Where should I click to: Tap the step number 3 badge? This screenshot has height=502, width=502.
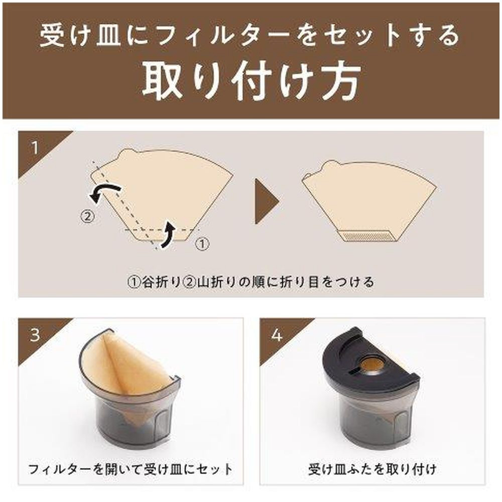coord(35,335)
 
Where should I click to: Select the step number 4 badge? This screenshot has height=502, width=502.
coord(277,335)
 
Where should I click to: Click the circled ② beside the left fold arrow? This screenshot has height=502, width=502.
coord(87,216)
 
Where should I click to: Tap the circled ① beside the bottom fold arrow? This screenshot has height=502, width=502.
coord(202,244)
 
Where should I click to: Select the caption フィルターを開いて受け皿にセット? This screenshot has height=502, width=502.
coord(131,469)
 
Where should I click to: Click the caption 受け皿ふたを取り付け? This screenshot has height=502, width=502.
coord(372,469)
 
